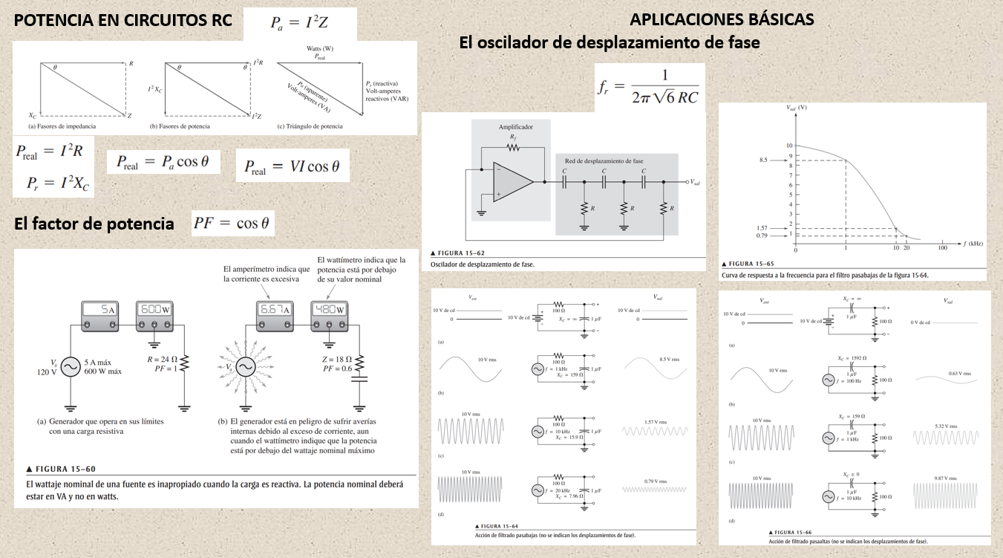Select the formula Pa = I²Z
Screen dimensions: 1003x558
pyautogui.click(x=299, y=23)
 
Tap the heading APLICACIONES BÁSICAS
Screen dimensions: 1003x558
pyautogui.click(x=722, y=19)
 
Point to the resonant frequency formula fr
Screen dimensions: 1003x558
pyautogui.click(x=648, y=87)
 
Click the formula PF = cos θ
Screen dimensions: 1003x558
pyautogui.click(x=233, y=222)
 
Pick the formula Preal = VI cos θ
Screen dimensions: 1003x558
pyautogui.click(x=292, y=167)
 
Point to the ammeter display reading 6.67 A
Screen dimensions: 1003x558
pyautogui.click(x=275, y=309)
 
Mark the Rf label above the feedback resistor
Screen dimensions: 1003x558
pyautogui.click(x=513, y=137)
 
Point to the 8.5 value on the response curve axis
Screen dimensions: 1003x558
pyautogui.click(x=763, y=160)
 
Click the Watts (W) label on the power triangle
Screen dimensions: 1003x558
pyautogui.click(x=319, y=48)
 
